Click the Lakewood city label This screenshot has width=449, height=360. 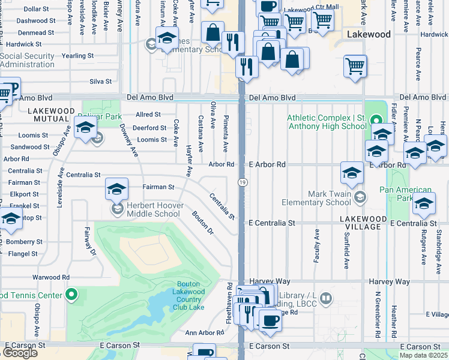(x=369, y=35)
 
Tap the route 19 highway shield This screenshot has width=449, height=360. (x=241, y=182)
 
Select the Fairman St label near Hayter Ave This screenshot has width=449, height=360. (x=158, y=187)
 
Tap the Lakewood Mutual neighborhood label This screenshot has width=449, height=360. (x=50, y=115)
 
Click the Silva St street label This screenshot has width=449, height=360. (x=100, y=82)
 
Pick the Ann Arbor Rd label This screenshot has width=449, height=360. (x=204, y=332)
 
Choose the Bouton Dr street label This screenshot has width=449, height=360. (x=203, y=222)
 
